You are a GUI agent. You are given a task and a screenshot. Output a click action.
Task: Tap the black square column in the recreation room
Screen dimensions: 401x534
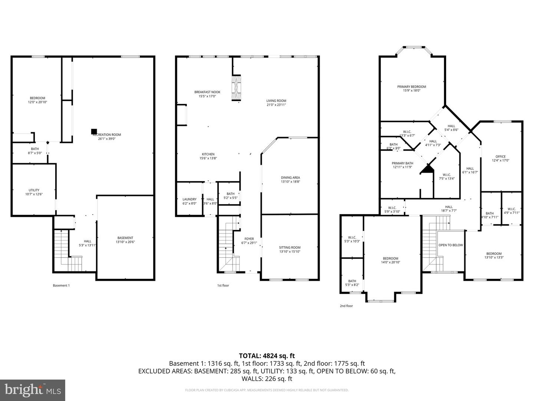[x=94, y=131]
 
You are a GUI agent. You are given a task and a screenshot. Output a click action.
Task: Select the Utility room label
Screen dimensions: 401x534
[x=34, y=190]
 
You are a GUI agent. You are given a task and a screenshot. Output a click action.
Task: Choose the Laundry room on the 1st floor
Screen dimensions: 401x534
[x=189, y=201]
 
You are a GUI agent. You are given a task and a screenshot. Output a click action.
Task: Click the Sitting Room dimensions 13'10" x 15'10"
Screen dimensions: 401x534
[x=290, y=251]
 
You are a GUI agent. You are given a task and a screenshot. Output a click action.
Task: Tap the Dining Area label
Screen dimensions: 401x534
[x=290, y=177]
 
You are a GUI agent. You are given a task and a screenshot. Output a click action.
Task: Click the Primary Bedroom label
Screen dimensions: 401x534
[x=412, y=87]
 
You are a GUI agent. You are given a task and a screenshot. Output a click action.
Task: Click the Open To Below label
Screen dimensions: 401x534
[x=451, y=245]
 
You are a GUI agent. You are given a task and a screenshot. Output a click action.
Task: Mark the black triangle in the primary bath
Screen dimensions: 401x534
[x=427, y=169]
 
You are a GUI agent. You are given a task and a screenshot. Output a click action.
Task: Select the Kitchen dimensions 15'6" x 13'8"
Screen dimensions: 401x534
[x=208, y=158]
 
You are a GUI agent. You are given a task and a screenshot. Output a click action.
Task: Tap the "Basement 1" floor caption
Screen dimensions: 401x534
[x=61, y=286]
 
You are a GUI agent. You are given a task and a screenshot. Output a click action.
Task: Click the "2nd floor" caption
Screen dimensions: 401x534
[x=346, y=306]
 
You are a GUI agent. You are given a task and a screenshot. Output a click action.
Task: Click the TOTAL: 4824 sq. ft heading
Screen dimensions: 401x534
[x=267, y=356]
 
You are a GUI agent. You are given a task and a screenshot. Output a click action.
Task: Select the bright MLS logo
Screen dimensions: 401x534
[x=33, y=390]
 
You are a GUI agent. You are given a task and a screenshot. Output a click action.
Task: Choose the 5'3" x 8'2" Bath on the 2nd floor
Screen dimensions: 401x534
[x=352, y=283]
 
